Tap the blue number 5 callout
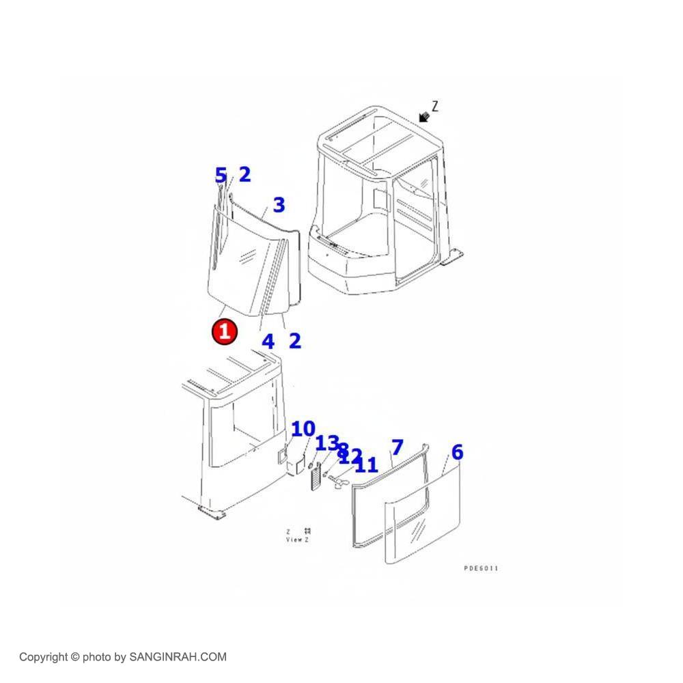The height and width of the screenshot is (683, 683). (221, 176)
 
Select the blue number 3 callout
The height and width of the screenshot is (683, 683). (279, 205)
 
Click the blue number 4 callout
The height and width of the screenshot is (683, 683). (268, 341)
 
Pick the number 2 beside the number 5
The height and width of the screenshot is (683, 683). (244, 174)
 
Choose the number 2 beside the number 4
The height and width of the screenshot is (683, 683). (294, 340)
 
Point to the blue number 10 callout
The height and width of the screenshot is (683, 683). (303, 429)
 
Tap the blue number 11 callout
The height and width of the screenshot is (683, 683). (366, 465)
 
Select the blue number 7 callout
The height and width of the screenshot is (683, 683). (397, 448)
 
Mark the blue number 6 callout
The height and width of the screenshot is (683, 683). (457, 451)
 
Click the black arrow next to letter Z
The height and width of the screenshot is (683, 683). (425, 117)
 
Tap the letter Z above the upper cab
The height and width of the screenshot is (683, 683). (435, 106)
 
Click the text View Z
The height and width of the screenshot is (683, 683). (297, 540)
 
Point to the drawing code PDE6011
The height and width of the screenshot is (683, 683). (481, 568)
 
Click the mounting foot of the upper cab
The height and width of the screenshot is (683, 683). (452, 260)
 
